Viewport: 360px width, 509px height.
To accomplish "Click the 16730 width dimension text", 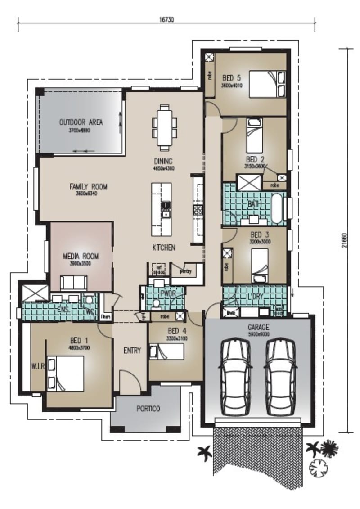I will (166, 19).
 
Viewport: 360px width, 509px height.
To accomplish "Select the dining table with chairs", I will (164, 127).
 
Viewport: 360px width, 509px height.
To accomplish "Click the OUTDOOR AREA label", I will (81, 122).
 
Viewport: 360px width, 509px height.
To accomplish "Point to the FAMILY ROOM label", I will (88, 187).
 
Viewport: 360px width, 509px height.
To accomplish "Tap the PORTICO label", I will (148, 409).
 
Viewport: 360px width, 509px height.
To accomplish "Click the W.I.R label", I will (38, 367).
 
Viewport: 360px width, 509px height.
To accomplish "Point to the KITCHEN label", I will (163, 248).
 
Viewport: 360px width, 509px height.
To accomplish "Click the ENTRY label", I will (132, 351).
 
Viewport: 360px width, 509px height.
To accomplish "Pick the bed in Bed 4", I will (167, 351).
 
